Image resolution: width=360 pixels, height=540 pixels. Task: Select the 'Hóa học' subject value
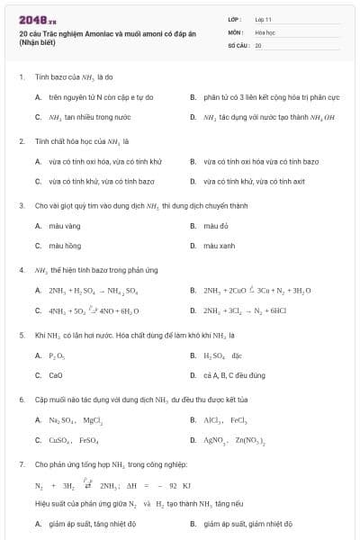click(264, 31)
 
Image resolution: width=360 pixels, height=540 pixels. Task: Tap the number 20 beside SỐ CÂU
click(258, 44)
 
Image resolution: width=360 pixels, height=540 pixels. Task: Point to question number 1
click(21, 77)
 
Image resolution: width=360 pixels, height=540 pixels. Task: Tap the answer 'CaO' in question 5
click(56, 375)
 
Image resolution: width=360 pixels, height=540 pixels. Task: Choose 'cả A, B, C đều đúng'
click(234, 375)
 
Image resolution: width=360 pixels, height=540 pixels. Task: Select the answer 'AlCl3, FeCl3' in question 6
click(225, 420)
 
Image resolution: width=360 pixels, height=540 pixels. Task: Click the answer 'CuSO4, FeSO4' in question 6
click(74, 440)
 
